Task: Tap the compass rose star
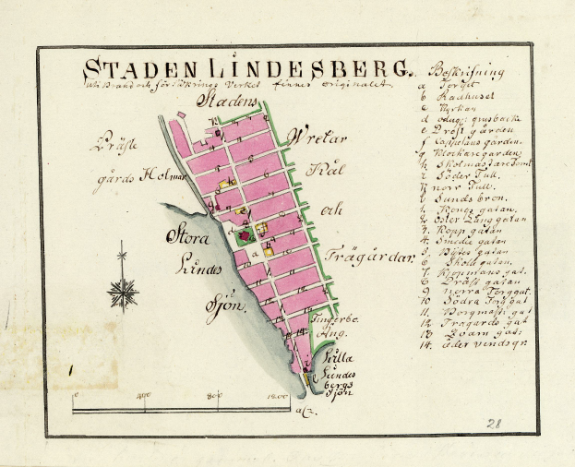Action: tap(122, 293)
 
